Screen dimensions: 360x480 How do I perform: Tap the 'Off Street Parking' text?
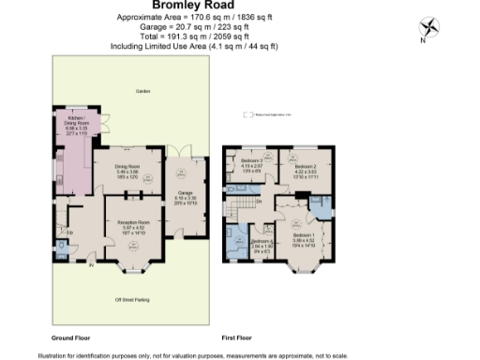coord(132,299)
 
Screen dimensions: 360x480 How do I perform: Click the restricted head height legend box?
coord(248,115)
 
